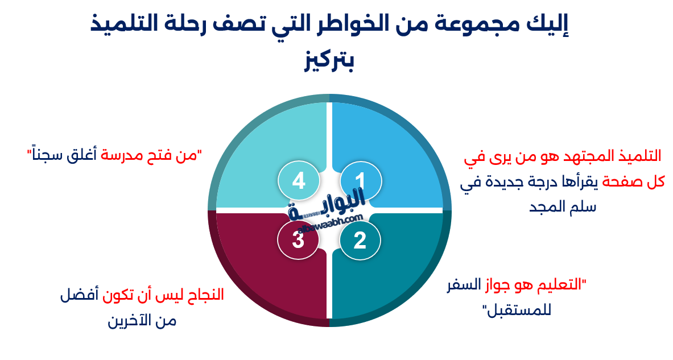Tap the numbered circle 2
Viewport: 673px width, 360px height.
click(361, 241)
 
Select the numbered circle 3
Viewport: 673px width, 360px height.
click(298, 241)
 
